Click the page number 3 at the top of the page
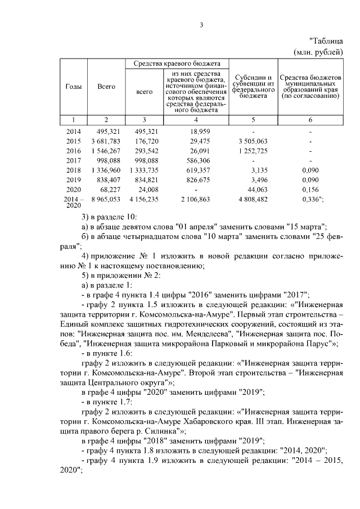pos(201,24)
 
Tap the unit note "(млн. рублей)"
pos(318,52)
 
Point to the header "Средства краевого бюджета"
pos(177,63)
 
